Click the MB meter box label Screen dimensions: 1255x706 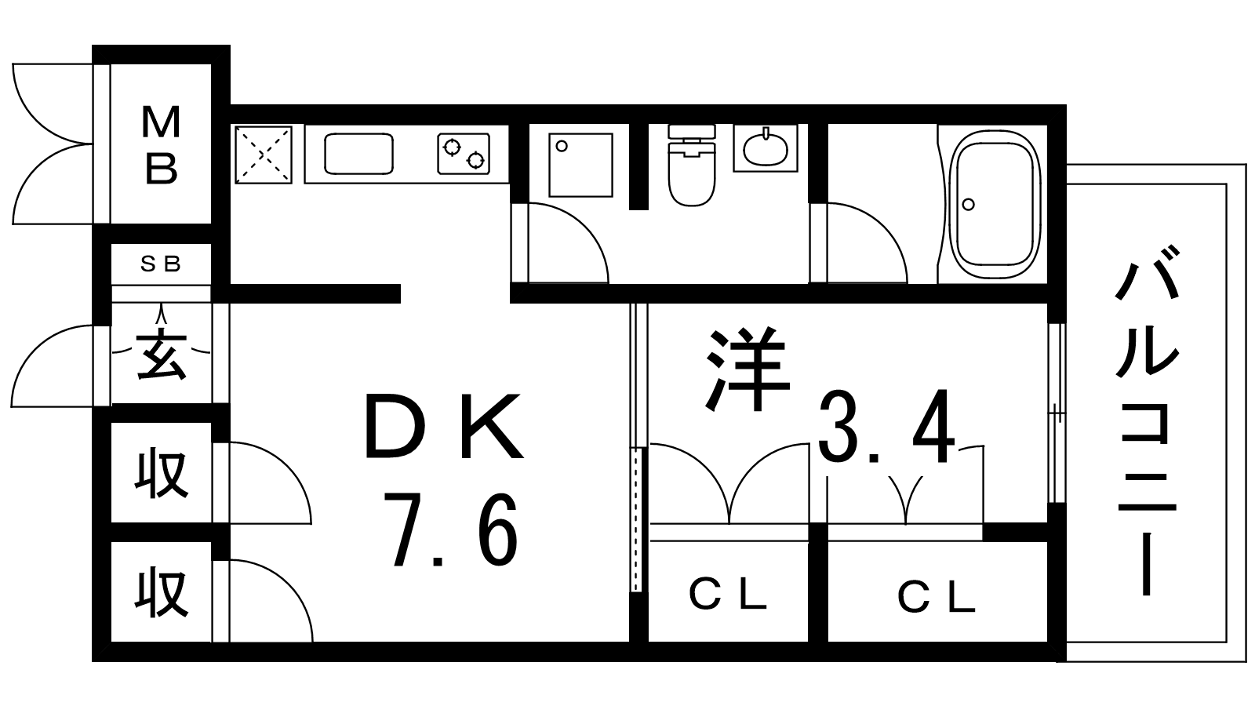click(162, 145)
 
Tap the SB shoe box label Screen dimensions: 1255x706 click(161, 264)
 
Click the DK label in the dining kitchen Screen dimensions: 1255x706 click(443, 426)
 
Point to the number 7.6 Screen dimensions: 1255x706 click(454, 529)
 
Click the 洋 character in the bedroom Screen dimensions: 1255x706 click(748, 369)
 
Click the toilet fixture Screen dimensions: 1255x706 click(692, 165)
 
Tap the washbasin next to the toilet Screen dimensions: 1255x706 click(766, 148)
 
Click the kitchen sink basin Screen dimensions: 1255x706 click(358, 154)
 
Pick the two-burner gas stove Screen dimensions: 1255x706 click(464, 153)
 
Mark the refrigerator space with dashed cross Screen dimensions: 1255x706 click(264, 155)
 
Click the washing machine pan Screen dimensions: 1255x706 click(580, 165)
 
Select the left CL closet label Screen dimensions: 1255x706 click(727, 595)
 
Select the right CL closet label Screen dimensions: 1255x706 click(937, 597)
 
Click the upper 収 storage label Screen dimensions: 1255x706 click(161, 475)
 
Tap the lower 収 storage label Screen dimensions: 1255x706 click(161, 592)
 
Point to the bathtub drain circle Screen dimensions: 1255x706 click(968, 205)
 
